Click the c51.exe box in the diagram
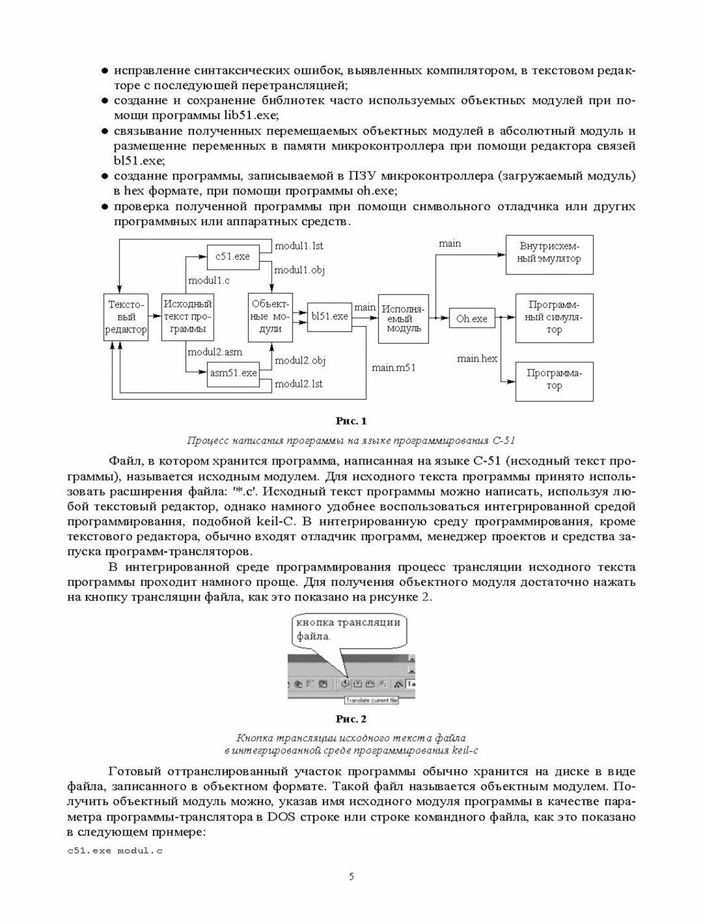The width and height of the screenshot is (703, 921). pyautogui.click(x=233, y=256)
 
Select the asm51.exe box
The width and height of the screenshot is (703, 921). pyautogui.click(x=233, y=373)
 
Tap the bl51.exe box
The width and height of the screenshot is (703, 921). pyautogui.click(x=329, y=316)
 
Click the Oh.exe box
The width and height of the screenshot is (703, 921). pyautogui.click(x=472, y=319)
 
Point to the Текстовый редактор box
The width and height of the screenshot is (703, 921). pyautogui.click(x=126, y=317)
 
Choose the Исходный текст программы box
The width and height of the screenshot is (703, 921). pyautogui.click(x=187, y=317)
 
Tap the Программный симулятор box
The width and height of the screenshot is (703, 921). pyautogui.click(x=554, y=317)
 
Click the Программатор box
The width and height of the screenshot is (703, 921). pyautogui.click(x=554, y=380)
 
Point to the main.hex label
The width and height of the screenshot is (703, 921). pyautogui.click(x=477, y=359)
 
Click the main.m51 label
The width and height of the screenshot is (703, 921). pyautogui.click(x=394, y=368)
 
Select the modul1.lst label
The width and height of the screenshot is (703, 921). pyautogui.click(x=298, y=246)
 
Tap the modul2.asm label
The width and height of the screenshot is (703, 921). pyautogui.click(x=214, y=352)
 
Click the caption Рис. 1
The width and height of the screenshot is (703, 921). pyautogui.click(x=351, y=421)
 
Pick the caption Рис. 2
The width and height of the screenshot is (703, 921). pyautogui.click(x=351, y=718)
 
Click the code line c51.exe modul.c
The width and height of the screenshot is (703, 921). pyautogui.click(x=115, y=850)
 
